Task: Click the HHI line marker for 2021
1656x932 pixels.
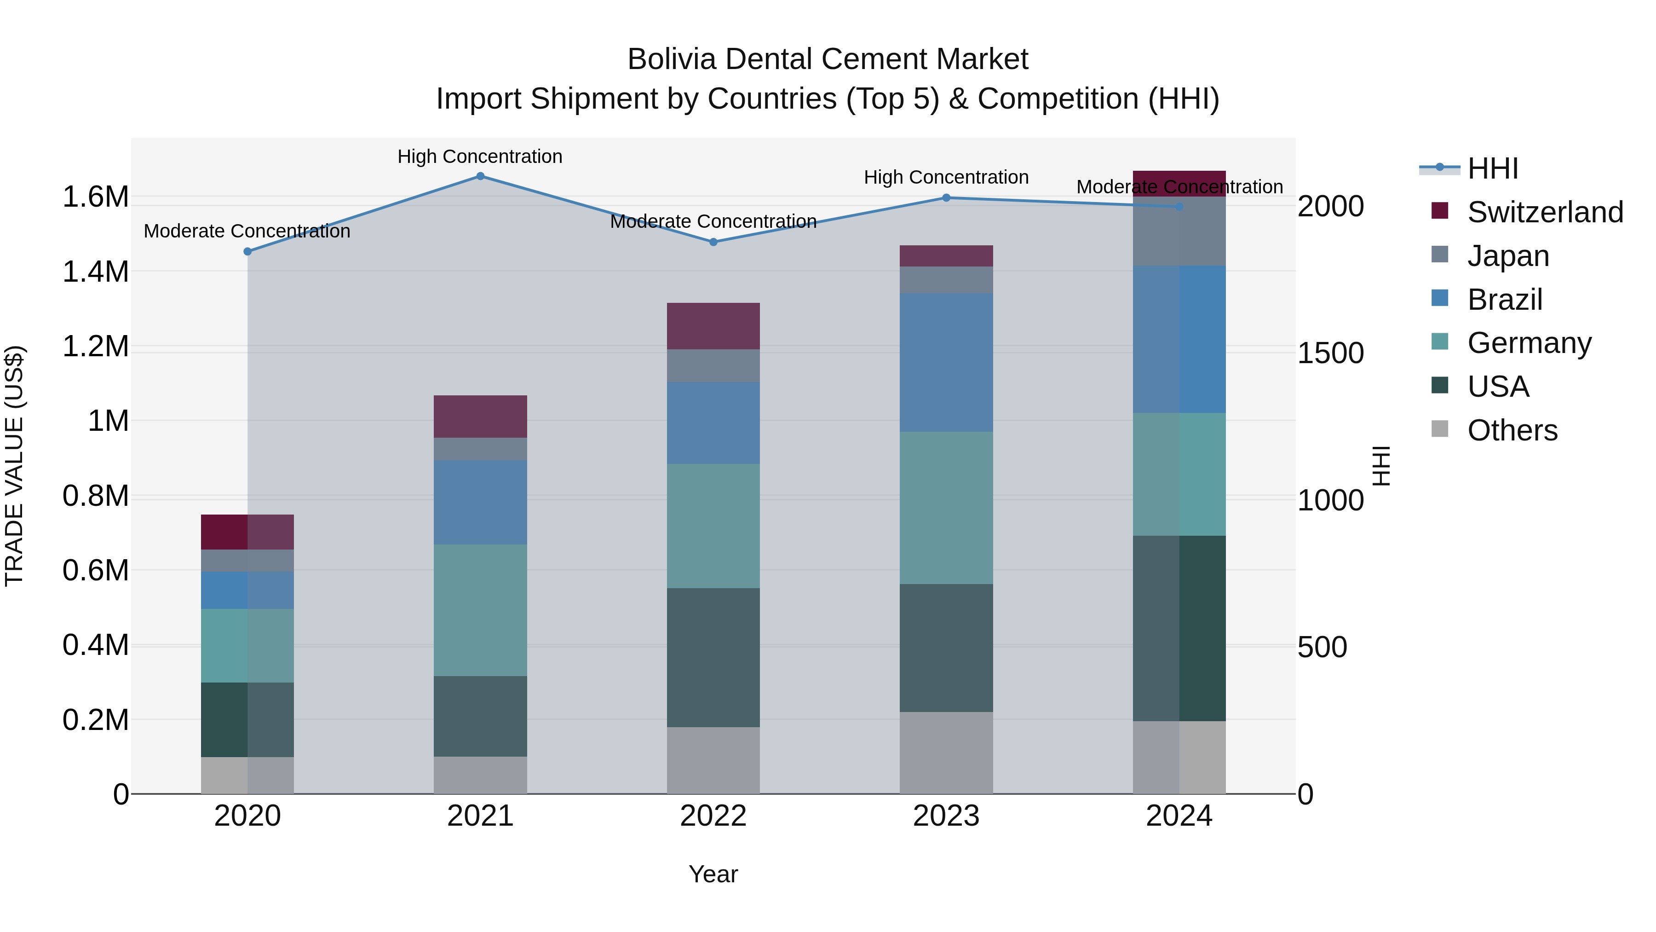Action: (x=480, y=176)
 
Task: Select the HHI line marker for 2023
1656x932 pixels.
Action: (x=946, y=198)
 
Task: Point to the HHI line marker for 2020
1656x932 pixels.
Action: (x=247, y=251)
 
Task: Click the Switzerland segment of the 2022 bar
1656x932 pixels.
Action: (x=713, y=326)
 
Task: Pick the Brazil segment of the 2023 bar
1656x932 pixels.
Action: (x=946, y=362)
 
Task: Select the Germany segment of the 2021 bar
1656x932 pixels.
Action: (x=480, y=610)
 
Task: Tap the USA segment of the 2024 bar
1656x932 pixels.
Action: (x=1179, y=628)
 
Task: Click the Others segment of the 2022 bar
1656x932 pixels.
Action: (x=713, y=760)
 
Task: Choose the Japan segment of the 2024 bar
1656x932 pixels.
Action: (x=1179, y=232)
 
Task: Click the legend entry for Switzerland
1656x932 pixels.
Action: (x=1545, y=212)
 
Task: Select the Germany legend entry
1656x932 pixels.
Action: (x=1529, y=343)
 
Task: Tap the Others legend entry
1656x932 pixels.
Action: (x=1512, y=430)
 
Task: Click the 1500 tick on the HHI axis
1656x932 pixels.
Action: (x=1330, y=353)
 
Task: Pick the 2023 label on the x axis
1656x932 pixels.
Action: (x=946, y=816)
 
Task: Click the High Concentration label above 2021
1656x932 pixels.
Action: (x=480, y=157)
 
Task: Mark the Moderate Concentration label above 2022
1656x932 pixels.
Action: (x=713, y=221)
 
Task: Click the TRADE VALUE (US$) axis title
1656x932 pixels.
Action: (x=14, y=466)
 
